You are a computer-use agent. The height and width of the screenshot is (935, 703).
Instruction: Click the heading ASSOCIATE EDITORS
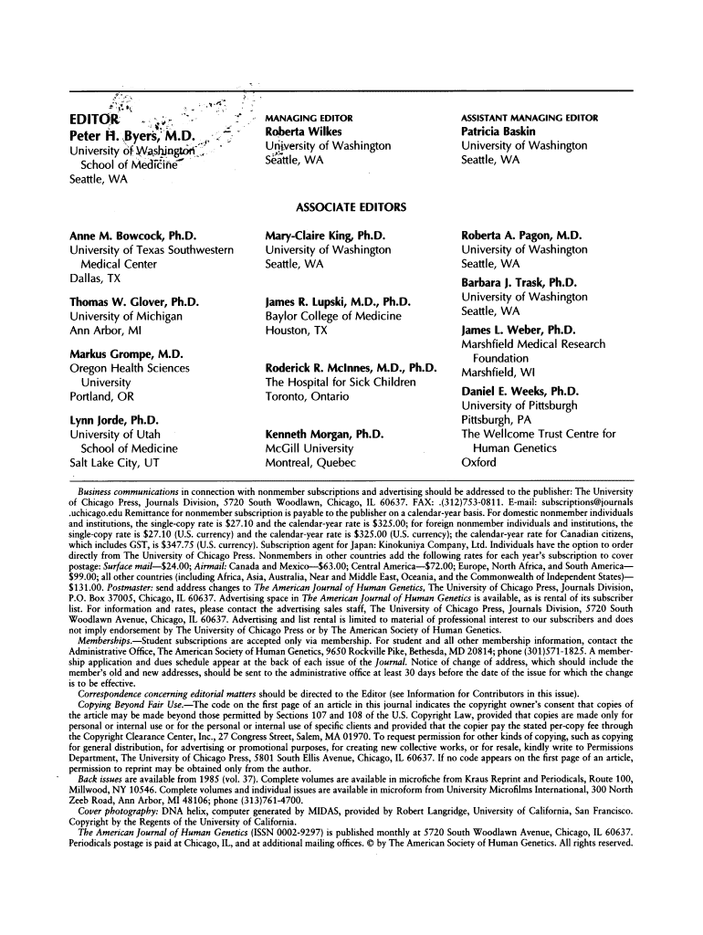(351, 207)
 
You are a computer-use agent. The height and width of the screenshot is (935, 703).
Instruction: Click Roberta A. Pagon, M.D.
(525, 235)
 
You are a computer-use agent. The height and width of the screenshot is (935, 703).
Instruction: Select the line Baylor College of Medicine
(331, 316)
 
